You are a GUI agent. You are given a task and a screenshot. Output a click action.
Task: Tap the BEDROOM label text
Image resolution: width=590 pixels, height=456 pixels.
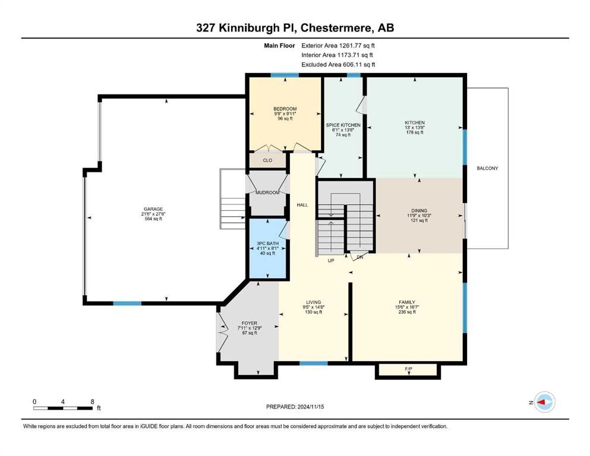tap(285, 109)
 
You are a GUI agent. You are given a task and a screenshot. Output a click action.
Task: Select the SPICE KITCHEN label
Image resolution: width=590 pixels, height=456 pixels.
tap(343, 125)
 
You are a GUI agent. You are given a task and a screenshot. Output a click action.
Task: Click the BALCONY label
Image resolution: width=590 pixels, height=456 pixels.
tap(487, 169)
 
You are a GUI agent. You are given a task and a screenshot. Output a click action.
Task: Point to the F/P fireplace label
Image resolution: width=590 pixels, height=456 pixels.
tap(408, 369)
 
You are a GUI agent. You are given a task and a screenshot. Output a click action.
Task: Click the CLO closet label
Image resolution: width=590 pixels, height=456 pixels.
tap(267, 160)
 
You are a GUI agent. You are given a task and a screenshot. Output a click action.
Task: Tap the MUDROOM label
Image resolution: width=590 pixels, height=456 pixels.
tap(267, 192)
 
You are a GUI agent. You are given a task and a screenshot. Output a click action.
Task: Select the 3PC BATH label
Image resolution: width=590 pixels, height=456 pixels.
tap(267, 243)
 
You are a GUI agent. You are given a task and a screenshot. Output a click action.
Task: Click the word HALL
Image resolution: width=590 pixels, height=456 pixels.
tap(302, 204)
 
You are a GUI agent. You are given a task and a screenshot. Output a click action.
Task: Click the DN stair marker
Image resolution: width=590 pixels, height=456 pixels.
tap(359, 258)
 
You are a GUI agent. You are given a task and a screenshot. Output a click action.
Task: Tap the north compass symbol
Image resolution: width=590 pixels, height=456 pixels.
tap(543, 403)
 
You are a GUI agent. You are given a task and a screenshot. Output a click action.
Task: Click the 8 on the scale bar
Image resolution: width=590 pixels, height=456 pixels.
tap(92, 401)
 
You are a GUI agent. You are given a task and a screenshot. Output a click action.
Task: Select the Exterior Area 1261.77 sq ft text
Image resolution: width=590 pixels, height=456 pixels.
tap(338, 45)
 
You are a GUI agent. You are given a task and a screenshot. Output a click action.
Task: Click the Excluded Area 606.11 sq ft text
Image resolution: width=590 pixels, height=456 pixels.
tap(338, 65)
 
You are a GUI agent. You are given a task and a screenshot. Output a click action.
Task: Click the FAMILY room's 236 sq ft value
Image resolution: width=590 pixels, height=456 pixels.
tap(407, 312)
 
